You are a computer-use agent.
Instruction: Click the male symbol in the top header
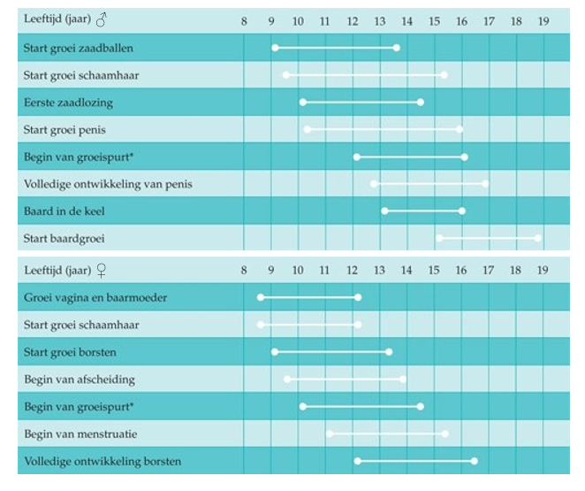click(x=102, y=19)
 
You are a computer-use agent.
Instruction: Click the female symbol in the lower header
click(x=102, y=271)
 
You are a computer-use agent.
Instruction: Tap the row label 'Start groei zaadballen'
click(x=78, y=48)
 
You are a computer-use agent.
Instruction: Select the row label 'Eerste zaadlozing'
click(x=68, y=103)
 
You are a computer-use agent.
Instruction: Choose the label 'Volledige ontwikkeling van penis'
click(x=107, y=184)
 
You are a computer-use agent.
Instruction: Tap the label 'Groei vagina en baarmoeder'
click(x=95, y=297)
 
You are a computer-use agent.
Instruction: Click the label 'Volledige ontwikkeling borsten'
click(x=103, y=461)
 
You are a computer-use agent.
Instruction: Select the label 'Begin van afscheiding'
click(x=80, y=379)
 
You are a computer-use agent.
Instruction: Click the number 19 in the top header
click(x=543, y=19)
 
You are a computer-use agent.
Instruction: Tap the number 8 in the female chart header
click(x=244, y=270)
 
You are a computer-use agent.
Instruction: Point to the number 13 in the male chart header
click(x=380, y=19)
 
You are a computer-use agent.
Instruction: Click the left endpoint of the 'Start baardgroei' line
click(x=439, y=238)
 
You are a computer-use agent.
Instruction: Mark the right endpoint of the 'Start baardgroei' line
click(x=537, y=238)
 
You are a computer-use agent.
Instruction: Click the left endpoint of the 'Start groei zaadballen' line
click(x=275, y=48)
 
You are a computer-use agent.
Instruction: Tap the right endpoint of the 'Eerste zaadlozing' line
click(x=421, y=103)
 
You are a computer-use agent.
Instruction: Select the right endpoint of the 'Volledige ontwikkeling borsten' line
click(x=475, y=461)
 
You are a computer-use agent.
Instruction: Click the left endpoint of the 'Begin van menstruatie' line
click(x=330, y=433)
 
